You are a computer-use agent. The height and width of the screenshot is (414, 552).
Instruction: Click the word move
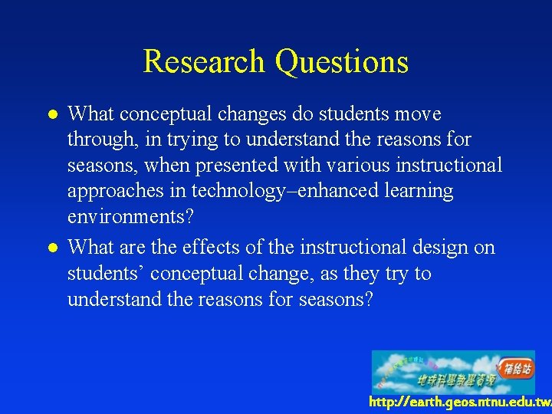pos(417,114)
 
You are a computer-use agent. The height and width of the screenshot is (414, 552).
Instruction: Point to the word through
pos(99,140)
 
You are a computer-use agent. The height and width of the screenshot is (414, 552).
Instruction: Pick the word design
pos(427,248)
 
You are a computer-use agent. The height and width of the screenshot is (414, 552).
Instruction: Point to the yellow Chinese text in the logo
pos(457,380)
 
